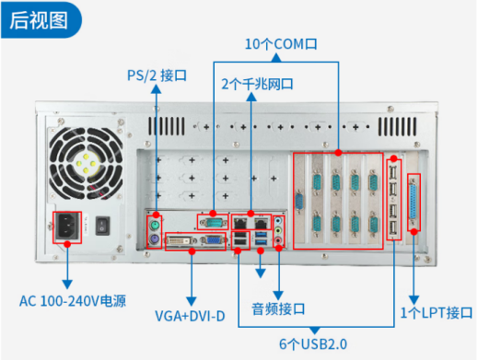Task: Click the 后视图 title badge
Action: (x=41, y=20)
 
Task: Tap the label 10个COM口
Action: (x=281, y=44)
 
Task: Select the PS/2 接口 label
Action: (x=157, y=75)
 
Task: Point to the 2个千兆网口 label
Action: (x=257, y=84)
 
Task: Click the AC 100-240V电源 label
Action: (x=73, y=301)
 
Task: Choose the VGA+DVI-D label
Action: (x=190, y=316)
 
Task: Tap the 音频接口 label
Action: (x=278, y=309)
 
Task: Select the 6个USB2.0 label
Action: (x=313, y=344)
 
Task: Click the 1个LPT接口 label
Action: (x=437, y=313)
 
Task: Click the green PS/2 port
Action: (x=155, y=226)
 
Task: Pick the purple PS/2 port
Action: (x=155, y=238)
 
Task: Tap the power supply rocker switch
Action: (x=102, y=226)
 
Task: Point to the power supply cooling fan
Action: (x=86, y=164)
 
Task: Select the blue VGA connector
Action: (x=213, y=240)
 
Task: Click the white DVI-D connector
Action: (x=181, y=241)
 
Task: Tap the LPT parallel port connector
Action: (x=413, y=202)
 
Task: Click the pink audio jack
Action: (x=278, y=240)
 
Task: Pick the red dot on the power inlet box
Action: (x=67, y=244)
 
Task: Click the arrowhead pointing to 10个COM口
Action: (x=276, y=57)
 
